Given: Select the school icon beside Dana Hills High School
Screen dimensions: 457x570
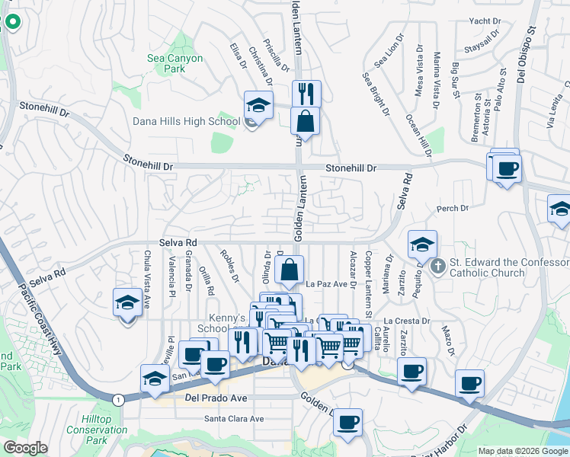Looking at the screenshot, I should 258,106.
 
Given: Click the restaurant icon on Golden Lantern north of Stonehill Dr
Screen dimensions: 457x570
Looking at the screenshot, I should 306,94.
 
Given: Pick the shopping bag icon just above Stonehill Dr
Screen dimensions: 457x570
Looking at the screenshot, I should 305,121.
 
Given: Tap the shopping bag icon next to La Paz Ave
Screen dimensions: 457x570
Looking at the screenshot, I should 290,270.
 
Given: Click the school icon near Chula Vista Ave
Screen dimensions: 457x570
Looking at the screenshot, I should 128,303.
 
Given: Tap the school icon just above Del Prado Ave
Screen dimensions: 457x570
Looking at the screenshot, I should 155,379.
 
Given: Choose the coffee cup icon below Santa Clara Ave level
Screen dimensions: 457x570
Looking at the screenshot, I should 348,423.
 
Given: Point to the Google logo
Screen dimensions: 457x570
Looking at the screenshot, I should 25,448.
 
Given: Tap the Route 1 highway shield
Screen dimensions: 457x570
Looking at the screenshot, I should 118,399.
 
